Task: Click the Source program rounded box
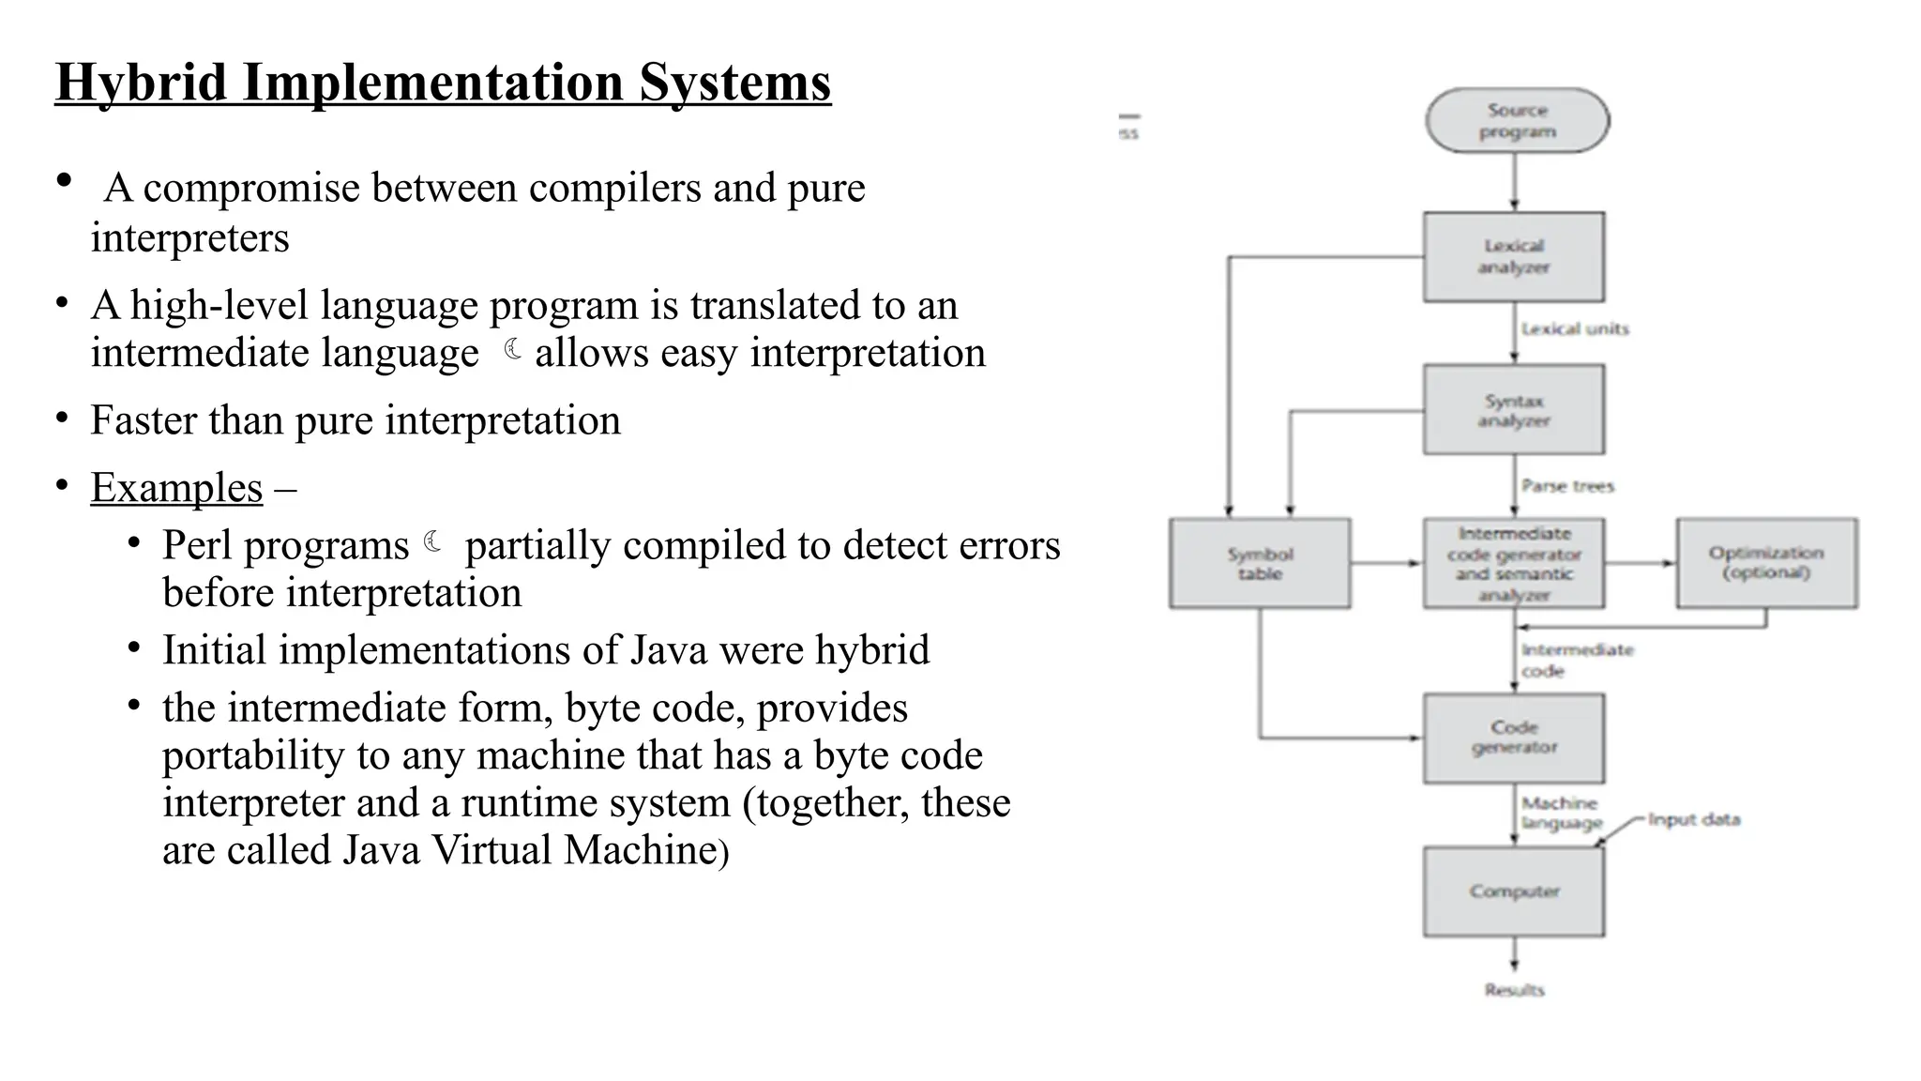(x=1517, y=120)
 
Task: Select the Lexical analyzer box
(x=1513, y=256)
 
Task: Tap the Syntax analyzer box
(x=1513, y=410)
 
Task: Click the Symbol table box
(x=1260, y=563)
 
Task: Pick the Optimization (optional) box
(x=1766, y=563)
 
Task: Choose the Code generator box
(x=1513, y=738)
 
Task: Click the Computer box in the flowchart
(x=1513, y=891)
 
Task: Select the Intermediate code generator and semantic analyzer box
(x=1513, y=563)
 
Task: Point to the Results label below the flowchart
(x=1514, y=989)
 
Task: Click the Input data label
(x=1693, y=819)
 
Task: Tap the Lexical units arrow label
(x=1575, y=328)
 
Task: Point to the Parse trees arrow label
(x=1567, y=486)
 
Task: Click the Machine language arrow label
(x=1561, y=813)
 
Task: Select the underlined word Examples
(x=176, y=488)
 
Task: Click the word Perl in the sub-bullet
(x=195, y=545)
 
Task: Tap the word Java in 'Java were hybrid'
(x=668, y=650)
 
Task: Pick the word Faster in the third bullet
(x=143, y=420)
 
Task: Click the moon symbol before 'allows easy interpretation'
(x=512, y=350)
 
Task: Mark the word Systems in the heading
(x=734, y=83)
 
